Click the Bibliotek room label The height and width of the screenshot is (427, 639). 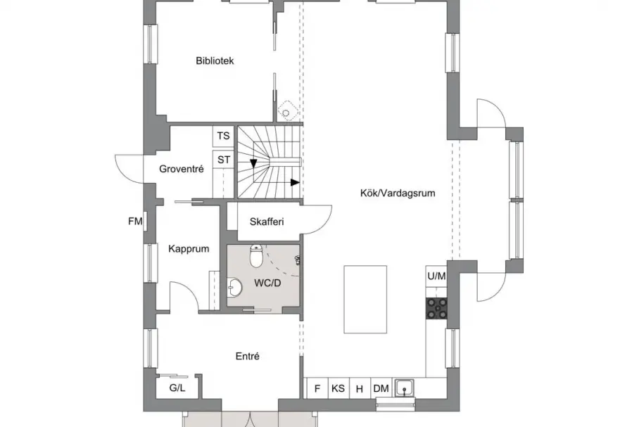coord(215,60)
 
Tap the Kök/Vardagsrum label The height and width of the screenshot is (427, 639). coord(398,193)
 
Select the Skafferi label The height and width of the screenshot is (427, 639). coord(267,222)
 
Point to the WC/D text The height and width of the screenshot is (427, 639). coord(267,283)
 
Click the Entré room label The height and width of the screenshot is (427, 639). coord(248,356)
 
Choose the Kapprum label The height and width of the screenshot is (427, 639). coord(189,248)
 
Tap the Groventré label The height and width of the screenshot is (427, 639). coord(182,169)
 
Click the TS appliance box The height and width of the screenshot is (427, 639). coord(223,136)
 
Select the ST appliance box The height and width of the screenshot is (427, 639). coord(223,160)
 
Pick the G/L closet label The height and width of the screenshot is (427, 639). coord(177,388)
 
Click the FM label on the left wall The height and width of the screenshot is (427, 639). coord(135,222)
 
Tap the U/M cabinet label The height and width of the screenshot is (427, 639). coord(436,276)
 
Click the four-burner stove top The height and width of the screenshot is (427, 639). coord(436,308)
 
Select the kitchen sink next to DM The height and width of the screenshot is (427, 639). coord(404,388)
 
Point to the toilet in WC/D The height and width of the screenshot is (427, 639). coord(256,255)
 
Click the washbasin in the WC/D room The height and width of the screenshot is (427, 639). coord(234,287)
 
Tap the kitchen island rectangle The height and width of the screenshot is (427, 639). coord(365,300)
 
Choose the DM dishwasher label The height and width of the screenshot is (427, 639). coord(381,388)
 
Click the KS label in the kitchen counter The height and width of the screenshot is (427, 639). coord(338,388)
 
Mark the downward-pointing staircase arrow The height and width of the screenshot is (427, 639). coord(253,163)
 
